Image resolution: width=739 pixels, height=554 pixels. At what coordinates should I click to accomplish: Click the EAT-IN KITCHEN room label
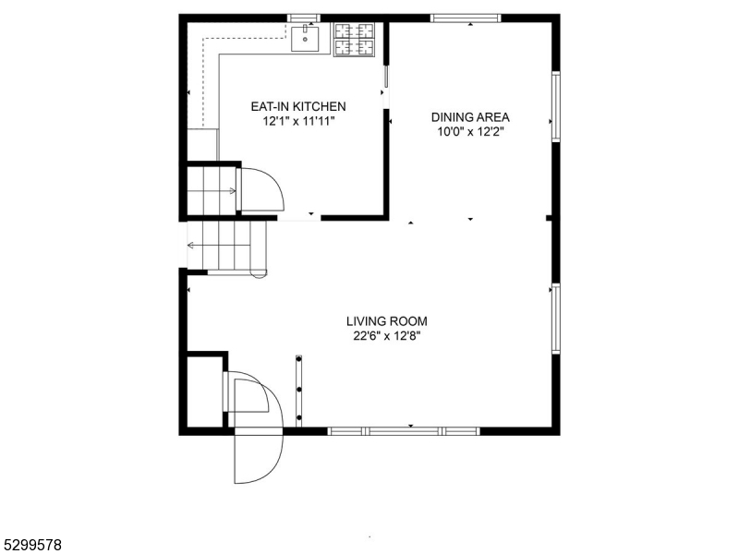coord(298,106)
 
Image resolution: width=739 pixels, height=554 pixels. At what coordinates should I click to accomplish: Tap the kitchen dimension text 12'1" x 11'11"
coord(298,121)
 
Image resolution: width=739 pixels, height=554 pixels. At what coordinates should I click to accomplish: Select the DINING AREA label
coord(470,117)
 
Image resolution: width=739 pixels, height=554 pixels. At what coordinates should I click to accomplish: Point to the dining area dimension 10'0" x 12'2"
coord(470,132)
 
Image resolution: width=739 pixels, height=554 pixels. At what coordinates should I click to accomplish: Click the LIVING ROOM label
coord(386,321)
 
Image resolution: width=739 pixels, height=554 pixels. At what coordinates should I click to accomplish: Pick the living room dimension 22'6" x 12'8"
coord(386,336)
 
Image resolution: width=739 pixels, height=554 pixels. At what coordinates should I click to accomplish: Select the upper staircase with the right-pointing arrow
coord(212,190)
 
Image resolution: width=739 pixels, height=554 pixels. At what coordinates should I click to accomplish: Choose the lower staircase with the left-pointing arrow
coord(226,246)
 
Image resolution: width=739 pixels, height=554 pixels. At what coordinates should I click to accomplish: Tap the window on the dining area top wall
coord(466,18)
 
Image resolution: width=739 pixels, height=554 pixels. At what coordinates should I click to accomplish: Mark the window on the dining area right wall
coord(555,106)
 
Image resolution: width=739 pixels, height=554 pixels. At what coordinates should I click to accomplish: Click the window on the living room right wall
coord(555,319)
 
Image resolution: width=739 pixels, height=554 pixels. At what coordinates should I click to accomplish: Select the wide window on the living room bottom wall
coord(404,430)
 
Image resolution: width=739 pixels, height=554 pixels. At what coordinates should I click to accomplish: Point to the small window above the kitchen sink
coord(304,18)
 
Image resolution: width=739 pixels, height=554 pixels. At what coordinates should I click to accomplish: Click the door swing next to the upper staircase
coord(262,189)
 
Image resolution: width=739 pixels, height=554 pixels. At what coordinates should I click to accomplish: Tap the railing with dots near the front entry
coord(299,390)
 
